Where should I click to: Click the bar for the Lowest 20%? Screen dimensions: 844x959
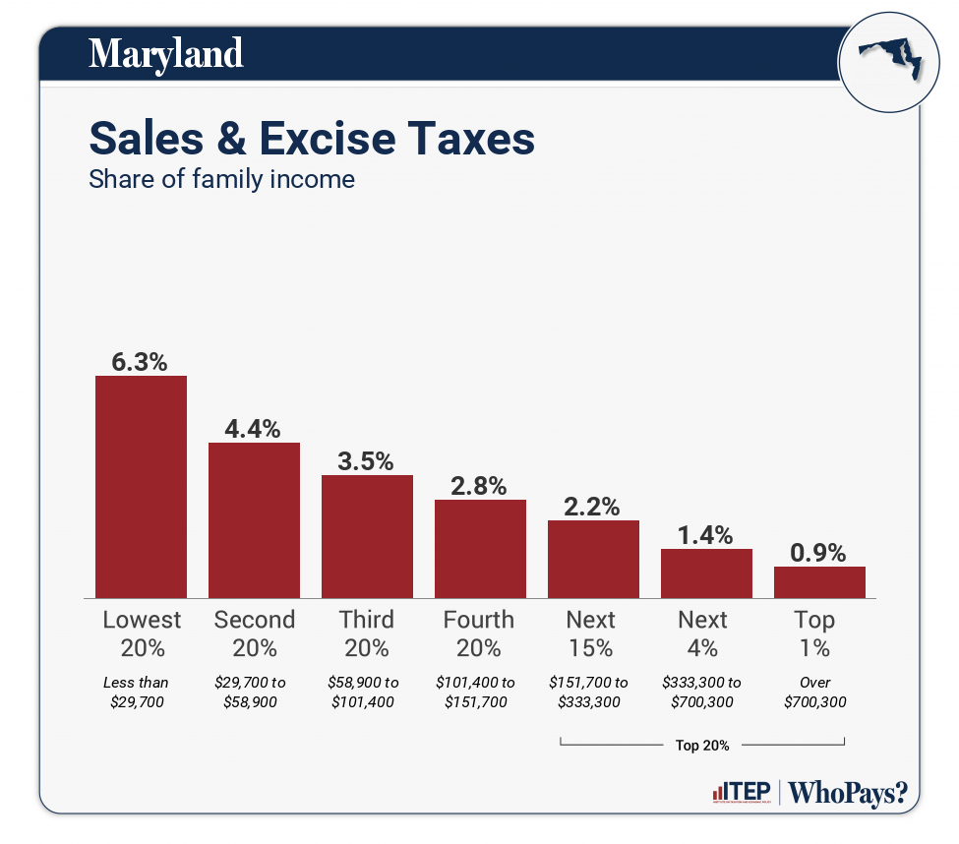[x=141, y=487]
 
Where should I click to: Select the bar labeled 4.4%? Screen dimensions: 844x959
[x=254, y=520]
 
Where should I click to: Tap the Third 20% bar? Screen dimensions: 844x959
[x=367, y=536]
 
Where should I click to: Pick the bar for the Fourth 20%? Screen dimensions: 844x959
[x=480, y=549]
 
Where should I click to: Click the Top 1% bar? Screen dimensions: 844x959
[x=819, y=582]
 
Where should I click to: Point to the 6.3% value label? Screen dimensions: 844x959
[x=141, y=361]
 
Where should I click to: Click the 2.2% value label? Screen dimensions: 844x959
[x=593, y=507]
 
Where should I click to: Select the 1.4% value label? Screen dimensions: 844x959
[x=706, y=535]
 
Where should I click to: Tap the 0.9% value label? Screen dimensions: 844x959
[x=819, y=553]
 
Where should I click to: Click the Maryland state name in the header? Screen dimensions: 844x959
[x=165, y=53]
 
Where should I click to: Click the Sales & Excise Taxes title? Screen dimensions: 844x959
[x=312, y=139]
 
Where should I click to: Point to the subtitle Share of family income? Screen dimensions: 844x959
[x=221, y=180]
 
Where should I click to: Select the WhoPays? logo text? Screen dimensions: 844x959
[x=848, y=792]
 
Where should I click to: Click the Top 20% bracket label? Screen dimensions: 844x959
[x=702, y=746]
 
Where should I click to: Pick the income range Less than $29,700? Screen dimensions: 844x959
[x=137, y=693]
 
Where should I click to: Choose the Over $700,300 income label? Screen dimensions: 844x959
[x=815, y=693]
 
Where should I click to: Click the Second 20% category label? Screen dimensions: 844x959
[x=254, y=633]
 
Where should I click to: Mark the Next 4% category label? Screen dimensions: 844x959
[x=702, y=633]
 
